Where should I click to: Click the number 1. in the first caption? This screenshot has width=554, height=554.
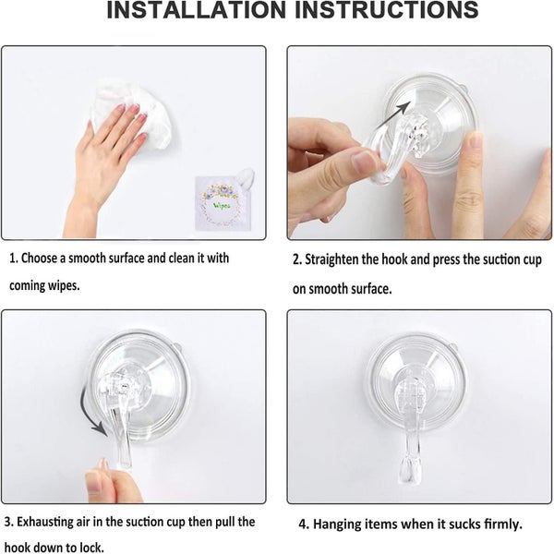[15, 259]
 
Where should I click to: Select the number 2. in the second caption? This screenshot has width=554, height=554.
[297, 260]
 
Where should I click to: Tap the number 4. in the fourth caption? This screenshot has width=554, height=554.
[303, 524]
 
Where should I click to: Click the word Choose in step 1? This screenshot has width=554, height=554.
[42, 259]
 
